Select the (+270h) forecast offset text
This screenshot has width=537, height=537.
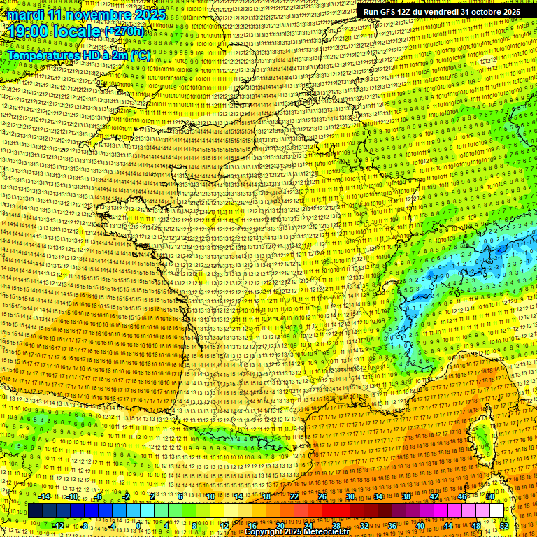pos(124,31)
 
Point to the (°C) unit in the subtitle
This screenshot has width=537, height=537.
pos(138,54)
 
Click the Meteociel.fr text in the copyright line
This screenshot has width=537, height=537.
pos(329,531)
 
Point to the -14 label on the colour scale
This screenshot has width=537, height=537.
pos(44,496)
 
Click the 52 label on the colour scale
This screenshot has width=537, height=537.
pos(504,525)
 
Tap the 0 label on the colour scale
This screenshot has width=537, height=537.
pos(139,525)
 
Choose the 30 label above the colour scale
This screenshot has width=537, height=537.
pos(350,496)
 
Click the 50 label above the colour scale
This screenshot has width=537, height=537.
pos(490,496)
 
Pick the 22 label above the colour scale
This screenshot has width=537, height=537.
pos(294,496)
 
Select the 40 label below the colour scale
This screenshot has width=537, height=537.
pos(420,525)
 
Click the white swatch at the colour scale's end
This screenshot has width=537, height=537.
pos(496,511)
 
